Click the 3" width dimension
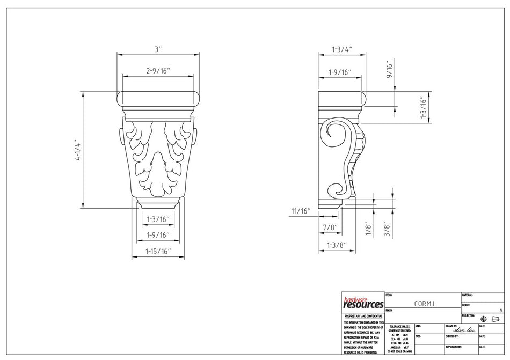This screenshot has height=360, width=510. coord(158,49)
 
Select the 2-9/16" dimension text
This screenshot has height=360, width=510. coord(158,71)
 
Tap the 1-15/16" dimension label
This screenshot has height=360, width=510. coord(158,251)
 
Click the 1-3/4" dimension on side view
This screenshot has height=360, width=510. coord(342,49)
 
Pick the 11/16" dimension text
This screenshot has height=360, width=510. coord(302,211)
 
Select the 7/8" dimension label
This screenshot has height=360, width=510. coord(329,227)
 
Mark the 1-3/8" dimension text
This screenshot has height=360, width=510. coord(333,246)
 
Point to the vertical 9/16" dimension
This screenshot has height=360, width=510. coord(390,70)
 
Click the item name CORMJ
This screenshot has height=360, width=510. coord(424,304)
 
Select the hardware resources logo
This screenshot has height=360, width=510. coord(363,303)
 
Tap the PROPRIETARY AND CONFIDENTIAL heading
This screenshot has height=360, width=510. coord(363,317)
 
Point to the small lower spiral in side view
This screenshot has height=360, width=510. coord(335,188)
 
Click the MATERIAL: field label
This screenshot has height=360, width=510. coord(467,295)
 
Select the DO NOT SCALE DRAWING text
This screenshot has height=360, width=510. coord(399,351)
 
